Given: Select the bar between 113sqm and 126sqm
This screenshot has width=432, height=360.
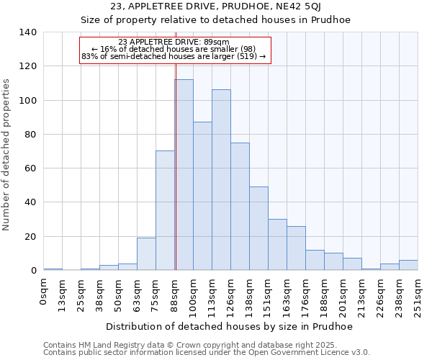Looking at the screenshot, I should point(221,180).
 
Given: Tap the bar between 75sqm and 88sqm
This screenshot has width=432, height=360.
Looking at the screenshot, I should point(165,210).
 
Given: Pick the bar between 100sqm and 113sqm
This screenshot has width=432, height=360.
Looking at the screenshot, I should point(202,196).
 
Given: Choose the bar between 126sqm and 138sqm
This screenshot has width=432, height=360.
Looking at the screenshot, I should point(240,206).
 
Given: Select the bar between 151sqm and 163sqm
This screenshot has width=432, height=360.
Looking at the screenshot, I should point(277,245).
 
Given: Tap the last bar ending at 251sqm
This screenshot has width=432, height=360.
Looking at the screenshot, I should point(408,265).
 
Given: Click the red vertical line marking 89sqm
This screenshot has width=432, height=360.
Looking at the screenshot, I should point(176,166).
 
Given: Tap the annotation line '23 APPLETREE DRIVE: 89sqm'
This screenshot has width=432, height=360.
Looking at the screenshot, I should point(174,42).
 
